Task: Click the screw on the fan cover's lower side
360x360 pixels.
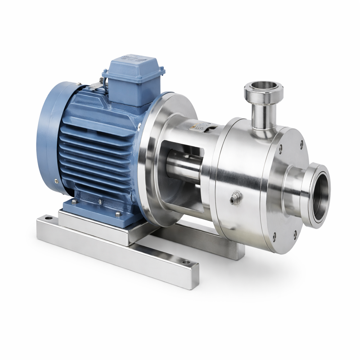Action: tap(56, 181)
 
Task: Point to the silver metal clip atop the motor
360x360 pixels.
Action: tap(95, 85)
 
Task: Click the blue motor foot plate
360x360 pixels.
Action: tap(97, 212)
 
